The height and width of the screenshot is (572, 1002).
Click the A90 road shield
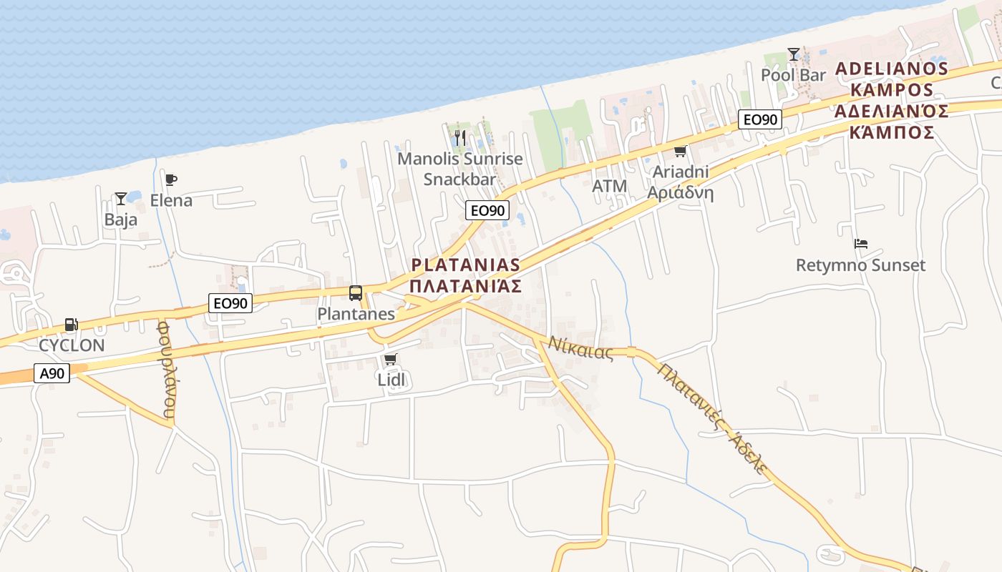(x=52, y=373)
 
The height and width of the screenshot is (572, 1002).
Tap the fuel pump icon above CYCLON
(x=71, y=325)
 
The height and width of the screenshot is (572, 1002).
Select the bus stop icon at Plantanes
(x=356, y=292)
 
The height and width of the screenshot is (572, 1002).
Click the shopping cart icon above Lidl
(x=390, y=359)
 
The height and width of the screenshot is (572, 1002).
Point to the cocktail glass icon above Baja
(x=121, y=198)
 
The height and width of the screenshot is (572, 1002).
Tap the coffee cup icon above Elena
(x=170, y=180)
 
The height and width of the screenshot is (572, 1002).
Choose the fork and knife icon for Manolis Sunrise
(x=460, y=137)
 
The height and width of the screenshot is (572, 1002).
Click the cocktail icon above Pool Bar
(x=793, y=54)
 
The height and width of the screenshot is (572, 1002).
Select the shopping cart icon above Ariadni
(x=679, y=151)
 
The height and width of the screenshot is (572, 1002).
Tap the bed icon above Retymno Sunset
(x=860, y=244)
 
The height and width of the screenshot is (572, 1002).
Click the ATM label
(x=610, y=187)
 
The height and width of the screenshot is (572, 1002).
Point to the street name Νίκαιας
(x=581, y=347)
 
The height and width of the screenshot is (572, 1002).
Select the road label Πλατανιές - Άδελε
(x=712, y=419)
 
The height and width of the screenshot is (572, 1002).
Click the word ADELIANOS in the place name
(x=892, y=69)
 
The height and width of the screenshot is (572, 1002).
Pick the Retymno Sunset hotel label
(x=860, y=265)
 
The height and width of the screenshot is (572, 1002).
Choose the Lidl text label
(x=391, y=380)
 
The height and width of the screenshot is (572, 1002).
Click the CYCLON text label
(x=72, y=345)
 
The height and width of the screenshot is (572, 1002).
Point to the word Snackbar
(x=459, y=179)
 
